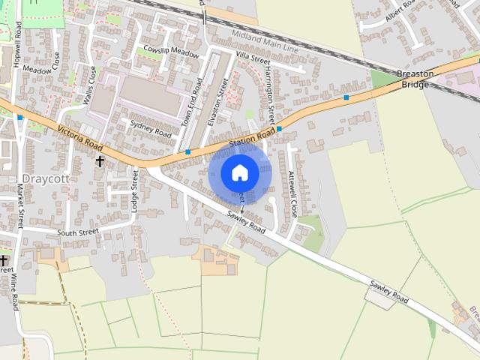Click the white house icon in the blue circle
pyautogui.click(x=240, y=172)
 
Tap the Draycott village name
pyautogui.click(x=45, y=178)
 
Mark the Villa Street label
pyautogui.click(x=252, y=56)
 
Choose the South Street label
pyautogui.click(x=77, y=232)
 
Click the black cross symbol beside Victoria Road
pyautogui.click(x=100, y=160)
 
